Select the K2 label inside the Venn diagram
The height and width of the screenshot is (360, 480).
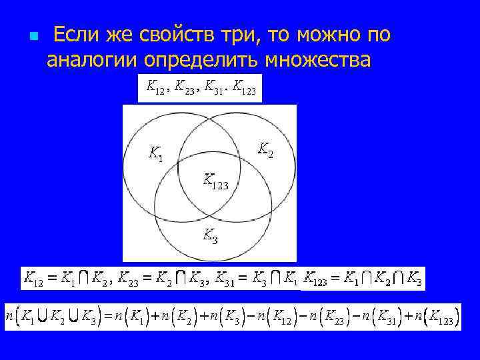[265, 149]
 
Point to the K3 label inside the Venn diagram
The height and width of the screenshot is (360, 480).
[209, 234]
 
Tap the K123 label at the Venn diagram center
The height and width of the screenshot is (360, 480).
[215, 181]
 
